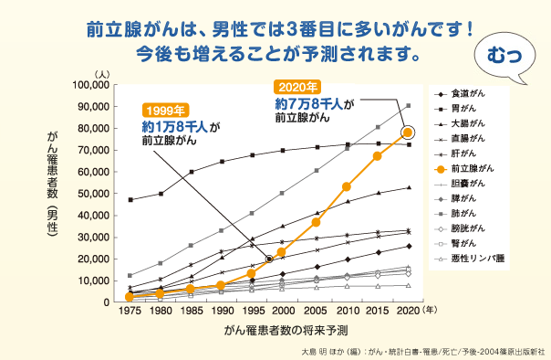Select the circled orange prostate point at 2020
tap(409, 132)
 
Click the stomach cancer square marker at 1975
tap(130, 199)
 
